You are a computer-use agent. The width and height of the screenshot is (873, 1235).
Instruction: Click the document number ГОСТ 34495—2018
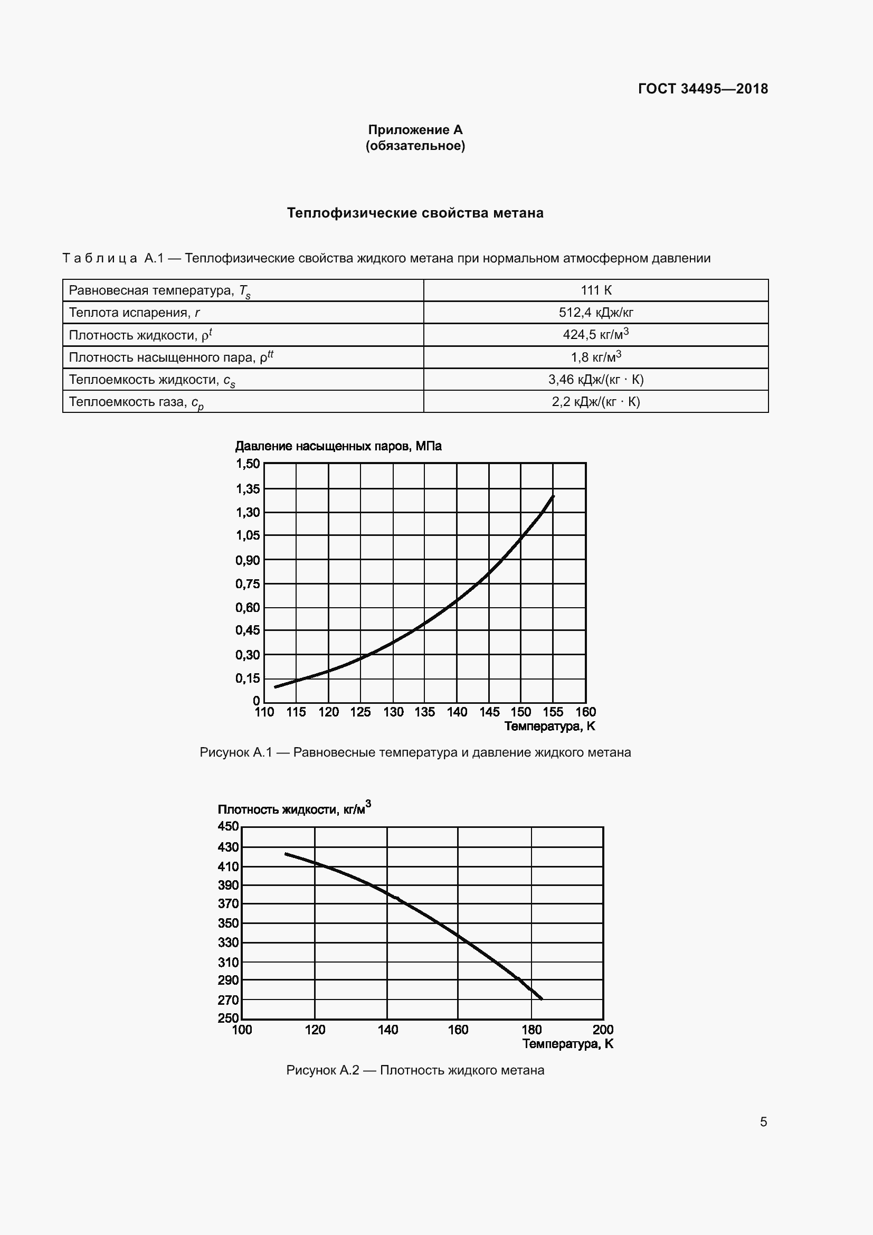pyautogui.click(x=703, y=89)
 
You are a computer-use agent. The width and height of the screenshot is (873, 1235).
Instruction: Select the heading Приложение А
pyautogui.click(x=415, y=130)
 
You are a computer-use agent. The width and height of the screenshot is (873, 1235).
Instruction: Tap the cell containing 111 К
pyautogui.click(x=595, y=290)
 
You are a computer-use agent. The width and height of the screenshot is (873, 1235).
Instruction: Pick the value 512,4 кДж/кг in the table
pyautogui.click(x=595, y=313)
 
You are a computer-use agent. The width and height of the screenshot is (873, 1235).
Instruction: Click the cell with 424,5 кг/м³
pyautogui.click(x=595, y=335)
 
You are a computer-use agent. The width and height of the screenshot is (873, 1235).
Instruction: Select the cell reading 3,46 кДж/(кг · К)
pyautogui.click(x=595, y=380)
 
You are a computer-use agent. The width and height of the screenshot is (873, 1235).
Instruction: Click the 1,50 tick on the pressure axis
pyautogui.click(x=247, y=464)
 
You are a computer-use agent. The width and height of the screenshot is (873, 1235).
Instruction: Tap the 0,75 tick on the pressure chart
pyautogui.click(x=247, y=584)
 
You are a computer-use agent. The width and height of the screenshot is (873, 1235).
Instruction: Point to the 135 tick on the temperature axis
pyautogui.click(x=425, y=712)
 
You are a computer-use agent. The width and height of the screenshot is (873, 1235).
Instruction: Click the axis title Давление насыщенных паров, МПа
pyautogui.click(x=338, y=446)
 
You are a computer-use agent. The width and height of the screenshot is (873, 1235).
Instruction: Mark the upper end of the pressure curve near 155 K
pyautogui.click(x=553, y=496)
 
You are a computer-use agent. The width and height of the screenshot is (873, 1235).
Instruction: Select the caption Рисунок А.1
pyautogui.click(x=415, y=752)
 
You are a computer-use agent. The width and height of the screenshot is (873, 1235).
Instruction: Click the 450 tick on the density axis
pyautogui.click(x=228, y=827)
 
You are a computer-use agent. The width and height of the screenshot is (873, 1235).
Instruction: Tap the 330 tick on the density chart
pyautogui.click(x=228, y=942)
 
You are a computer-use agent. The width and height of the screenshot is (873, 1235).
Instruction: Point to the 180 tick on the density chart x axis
pyautogui.click(x=532, y=1030)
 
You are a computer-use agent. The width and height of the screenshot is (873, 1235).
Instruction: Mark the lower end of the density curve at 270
pyautogui.click(x=542, y=999)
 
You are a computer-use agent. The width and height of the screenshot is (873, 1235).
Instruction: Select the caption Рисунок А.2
pyautogui.click(x=415, y=1070)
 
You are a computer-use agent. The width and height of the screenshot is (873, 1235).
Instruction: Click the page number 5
pyautogui.click(x=763, y=1121)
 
